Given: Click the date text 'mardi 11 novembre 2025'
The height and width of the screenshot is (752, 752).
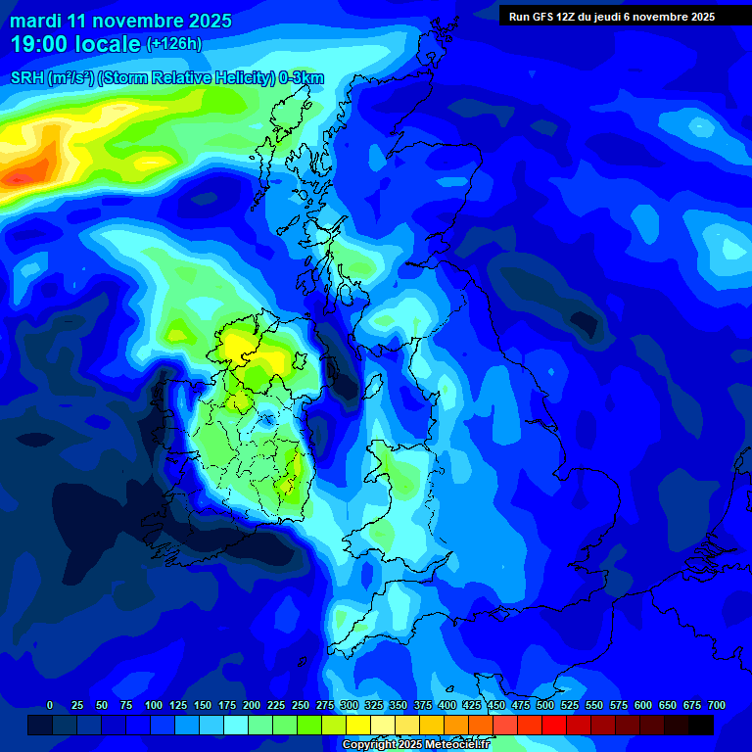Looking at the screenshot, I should pos(120,21).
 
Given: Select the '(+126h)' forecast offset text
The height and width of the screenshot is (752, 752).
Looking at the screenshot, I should pos(173,44).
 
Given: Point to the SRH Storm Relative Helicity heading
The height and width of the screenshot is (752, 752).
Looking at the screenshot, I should pos(167,78).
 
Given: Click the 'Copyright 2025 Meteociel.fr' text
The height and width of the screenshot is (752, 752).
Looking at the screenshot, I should pos(415,745).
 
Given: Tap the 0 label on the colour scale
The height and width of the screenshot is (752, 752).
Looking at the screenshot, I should pos(50,706).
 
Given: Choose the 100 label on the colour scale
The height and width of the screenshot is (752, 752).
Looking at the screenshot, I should pos(153,706).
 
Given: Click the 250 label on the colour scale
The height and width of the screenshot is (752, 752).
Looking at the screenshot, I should pos(300,706).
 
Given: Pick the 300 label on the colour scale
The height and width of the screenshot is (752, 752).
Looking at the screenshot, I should pos(349,706).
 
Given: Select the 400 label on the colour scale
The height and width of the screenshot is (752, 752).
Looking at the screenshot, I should pos(446,706).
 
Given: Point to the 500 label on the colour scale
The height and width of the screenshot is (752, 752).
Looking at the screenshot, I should pos(544,706).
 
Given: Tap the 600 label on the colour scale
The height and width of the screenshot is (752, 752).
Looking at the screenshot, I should pos(642,706).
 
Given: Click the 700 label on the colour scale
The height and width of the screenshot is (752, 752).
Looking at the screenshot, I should pos(716,706).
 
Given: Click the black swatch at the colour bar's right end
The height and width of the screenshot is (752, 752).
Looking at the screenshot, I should pos(701,725).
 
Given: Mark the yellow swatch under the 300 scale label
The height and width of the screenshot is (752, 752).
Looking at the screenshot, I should pos(358,725).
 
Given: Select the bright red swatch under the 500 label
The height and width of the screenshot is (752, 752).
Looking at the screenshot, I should pos(554,725).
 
